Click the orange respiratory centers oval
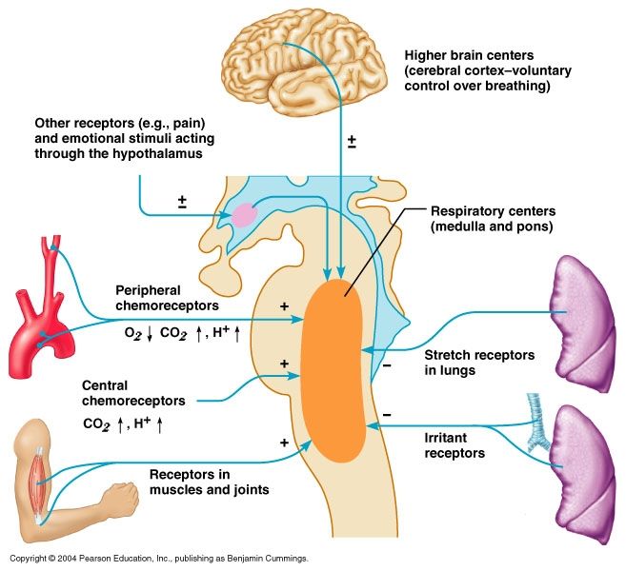(333, 371)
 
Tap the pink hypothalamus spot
(244, 215)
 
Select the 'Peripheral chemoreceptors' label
(167, 298)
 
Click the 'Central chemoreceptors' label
(133, 393)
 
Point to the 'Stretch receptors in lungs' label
(479, 363)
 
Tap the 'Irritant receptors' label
(454, 445)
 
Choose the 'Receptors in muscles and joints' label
(210, 482)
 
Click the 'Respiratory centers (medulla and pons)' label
(493, 219)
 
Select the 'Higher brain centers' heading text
(469, 55)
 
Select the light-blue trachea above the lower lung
(536, 423)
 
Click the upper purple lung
(583, 323)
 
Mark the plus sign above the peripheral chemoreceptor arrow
(284, 306)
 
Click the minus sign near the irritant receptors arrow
(387, 415)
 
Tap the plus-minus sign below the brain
(352, 142)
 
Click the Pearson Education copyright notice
(159, 559)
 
